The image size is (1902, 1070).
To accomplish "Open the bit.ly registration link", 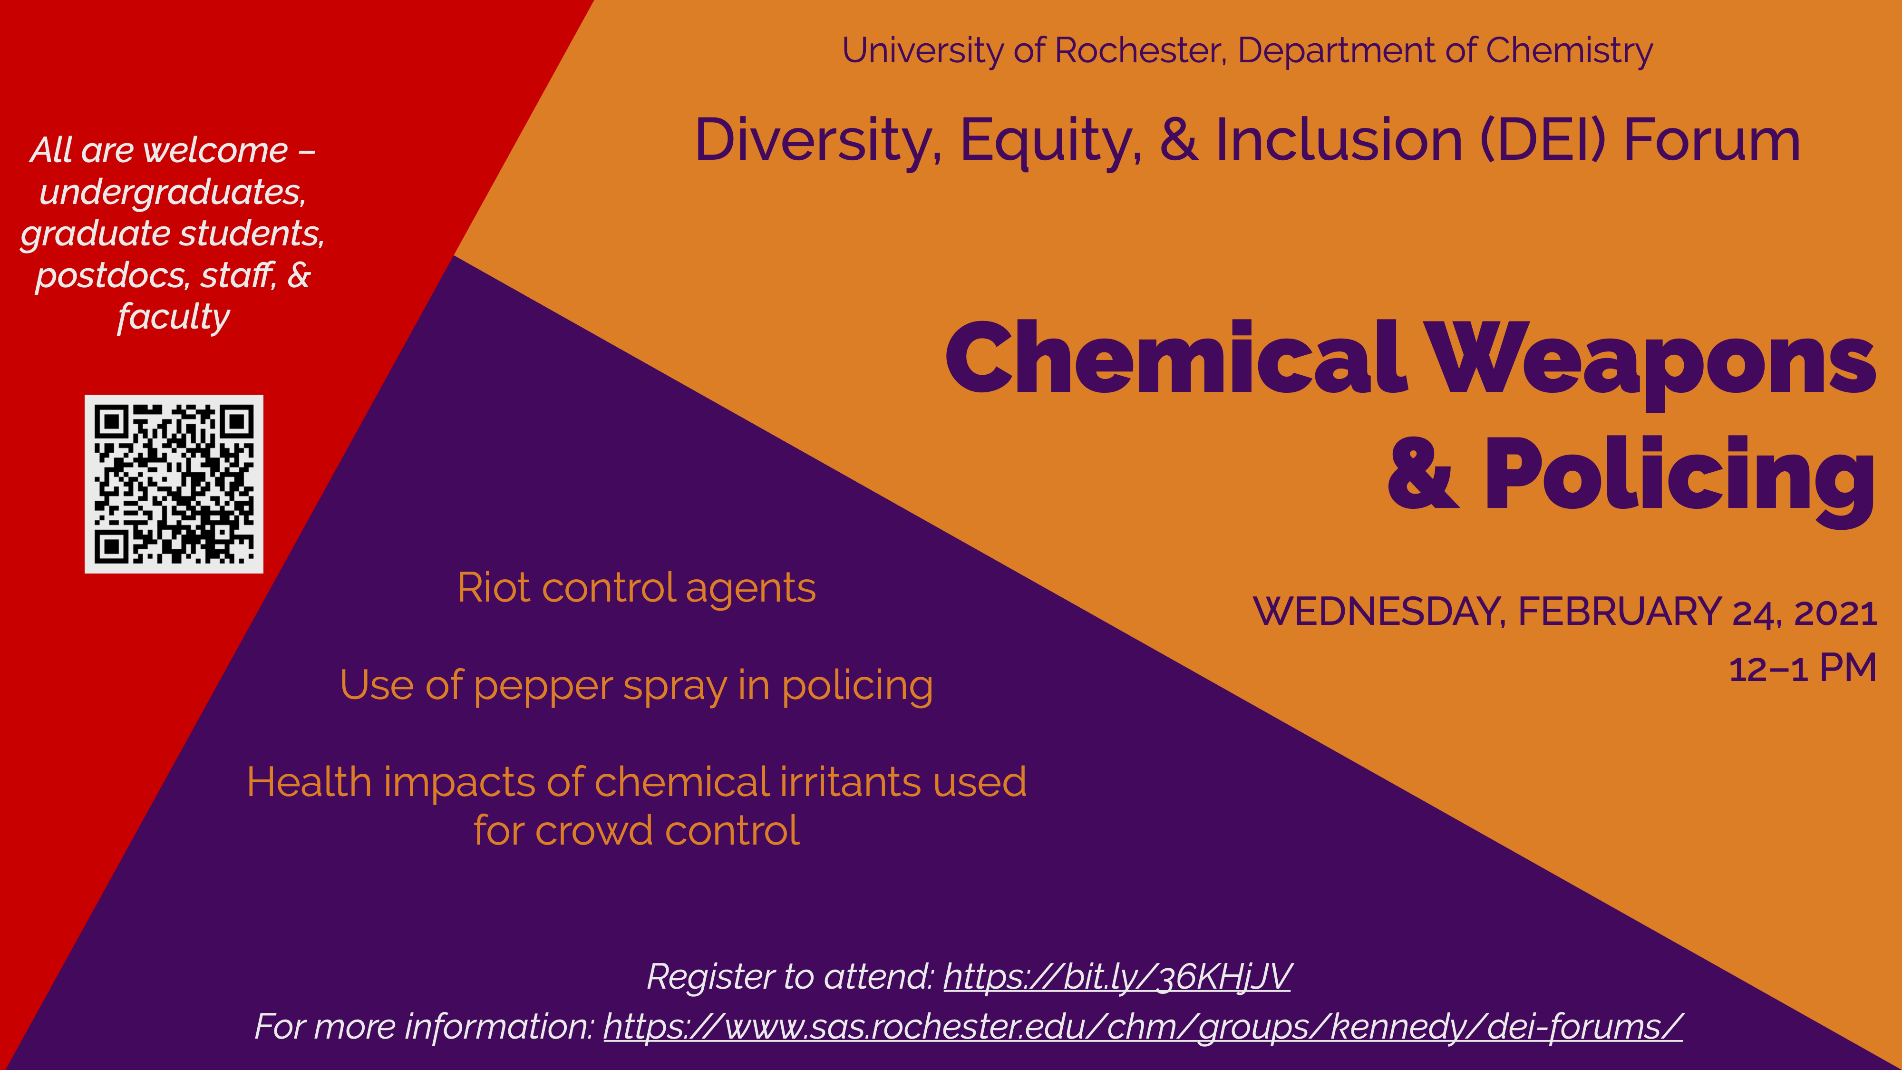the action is click(x=1116, y=977).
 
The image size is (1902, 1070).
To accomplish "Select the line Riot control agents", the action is click(x=637, y=589).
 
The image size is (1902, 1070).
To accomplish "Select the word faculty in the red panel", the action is click(x=174, y=318).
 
